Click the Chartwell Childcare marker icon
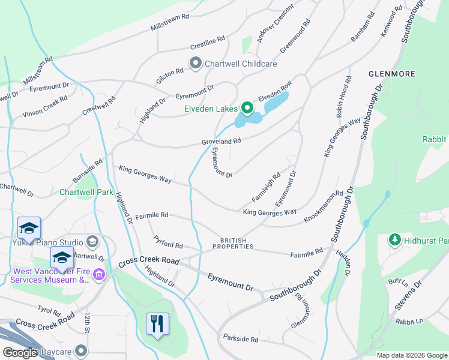[x=195, y=64]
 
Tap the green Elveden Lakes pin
[x=247, y=109]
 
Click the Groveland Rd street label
[x=221, y=141]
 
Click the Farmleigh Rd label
[x=266, y=187]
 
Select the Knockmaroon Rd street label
[x=323, y=207]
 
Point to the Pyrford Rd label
[x=167, y=245]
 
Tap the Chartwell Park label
[x=86, y=193]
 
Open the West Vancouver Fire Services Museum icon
[x=98, y=275]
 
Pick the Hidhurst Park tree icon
[x=394, y=240]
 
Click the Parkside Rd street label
[x=240, y=339]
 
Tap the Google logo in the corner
[x=19, y=353]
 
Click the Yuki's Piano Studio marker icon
[x=92, y=242]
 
